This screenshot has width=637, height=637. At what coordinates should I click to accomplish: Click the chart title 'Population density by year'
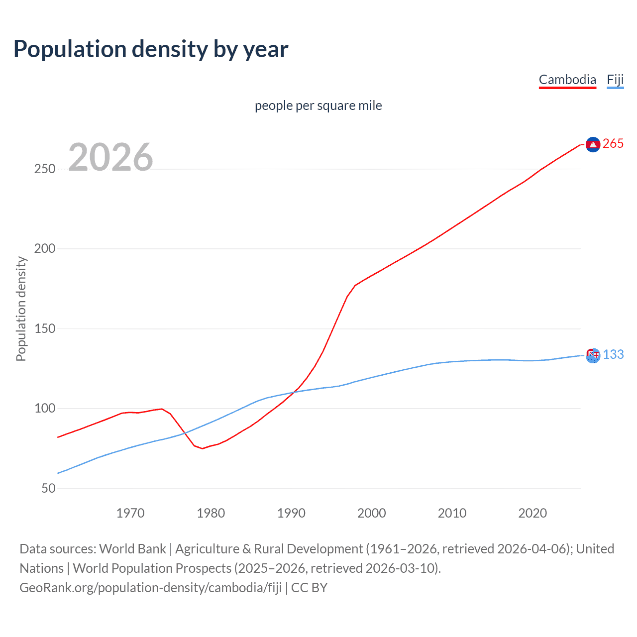151,49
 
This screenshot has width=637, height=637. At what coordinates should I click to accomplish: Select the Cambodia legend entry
567,80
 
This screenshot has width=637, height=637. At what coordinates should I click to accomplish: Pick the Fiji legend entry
615,80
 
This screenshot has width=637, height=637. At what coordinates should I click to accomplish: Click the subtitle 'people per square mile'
318,106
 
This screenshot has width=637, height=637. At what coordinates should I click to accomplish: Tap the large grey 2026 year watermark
110,157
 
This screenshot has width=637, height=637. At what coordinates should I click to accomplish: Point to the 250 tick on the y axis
45,169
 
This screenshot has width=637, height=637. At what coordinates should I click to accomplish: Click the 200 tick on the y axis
45,248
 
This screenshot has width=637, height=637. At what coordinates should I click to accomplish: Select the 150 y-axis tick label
45,328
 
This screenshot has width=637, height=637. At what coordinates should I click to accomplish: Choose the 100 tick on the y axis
45,409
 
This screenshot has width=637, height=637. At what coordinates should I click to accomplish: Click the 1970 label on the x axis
130,513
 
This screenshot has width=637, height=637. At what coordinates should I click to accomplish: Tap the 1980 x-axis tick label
211,513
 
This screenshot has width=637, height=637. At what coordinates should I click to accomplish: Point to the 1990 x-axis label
291,513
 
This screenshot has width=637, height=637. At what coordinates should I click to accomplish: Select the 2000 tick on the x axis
372,513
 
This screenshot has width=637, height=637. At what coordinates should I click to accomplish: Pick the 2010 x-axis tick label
452,513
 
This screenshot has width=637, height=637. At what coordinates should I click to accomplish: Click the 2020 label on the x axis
532,513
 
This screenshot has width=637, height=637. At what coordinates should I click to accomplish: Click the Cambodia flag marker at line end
593,144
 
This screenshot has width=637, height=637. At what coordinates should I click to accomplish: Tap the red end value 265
613,144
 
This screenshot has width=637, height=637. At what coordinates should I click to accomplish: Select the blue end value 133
613,354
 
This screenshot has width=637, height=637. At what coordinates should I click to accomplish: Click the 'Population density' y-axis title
21,309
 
